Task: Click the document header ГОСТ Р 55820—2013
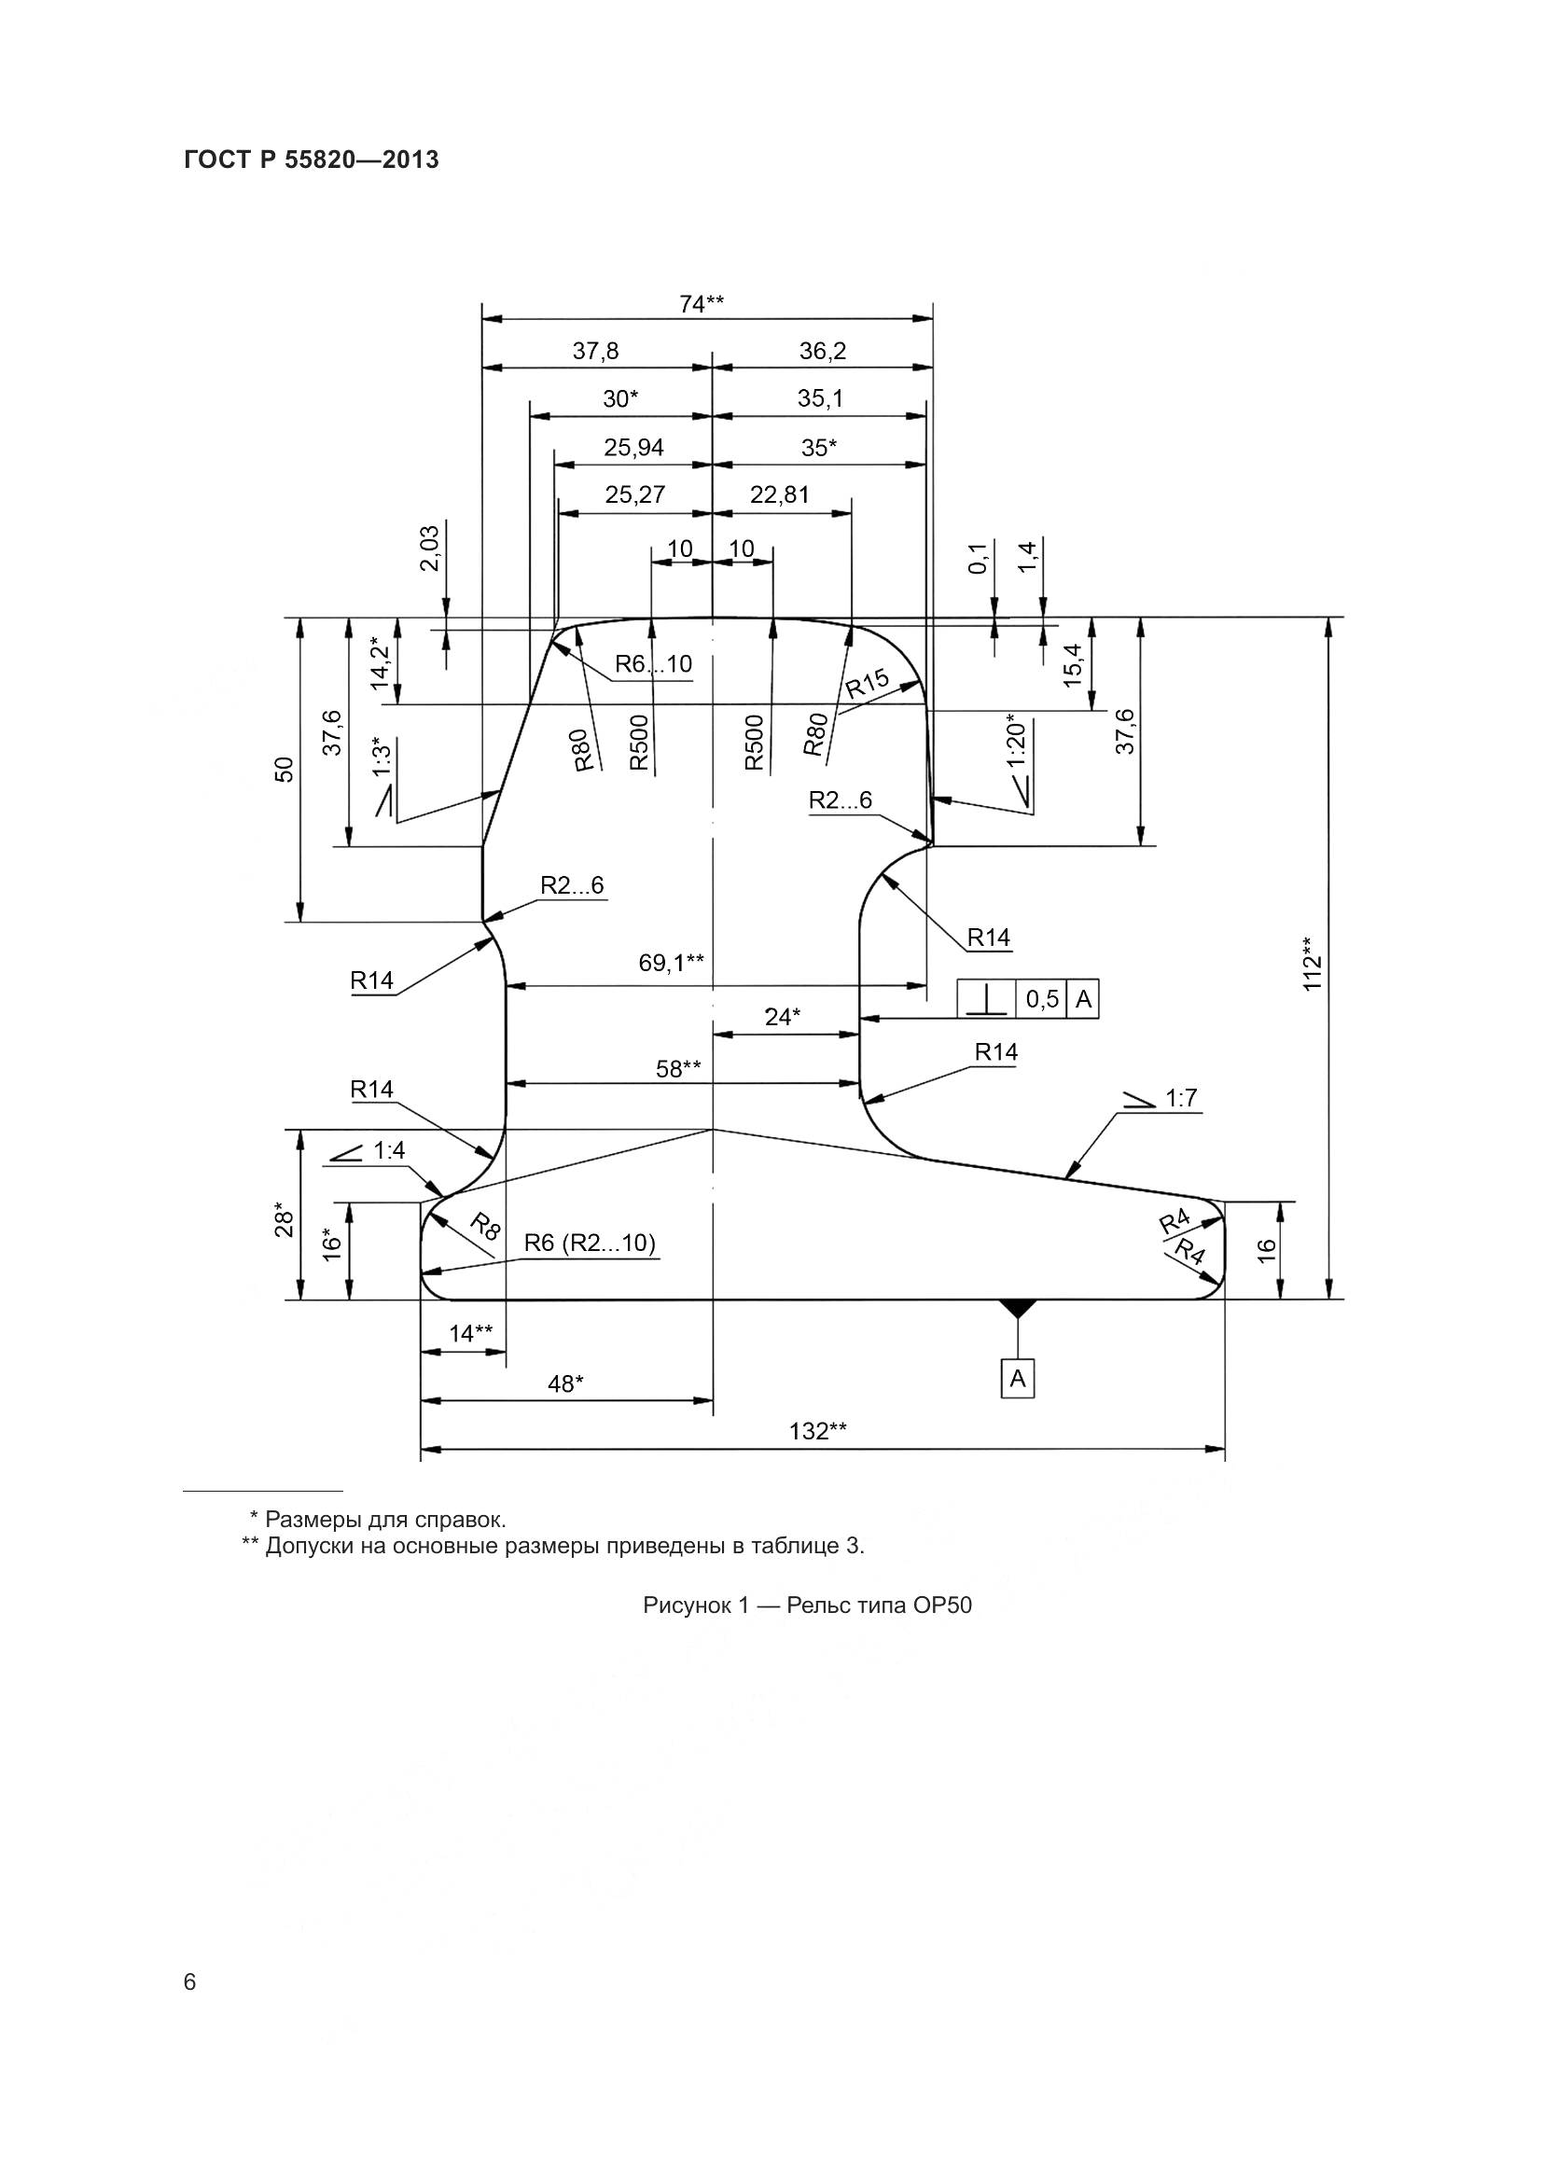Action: tap(311, 160)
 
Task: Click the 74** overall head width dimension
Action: tap(702, 304)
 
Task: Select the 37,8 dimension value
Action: tap(595, 352)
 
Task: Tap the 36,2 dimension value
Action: tap(822, 352)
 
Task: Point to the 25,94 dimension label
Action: tap(633, 448)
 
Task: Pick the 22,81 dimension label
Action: tap(779, 495)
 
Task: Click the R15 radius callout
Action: tap(867, 683)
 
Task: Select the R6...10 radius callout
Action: tap(654, 664)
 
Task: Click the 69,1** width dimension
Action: tap(671, 964)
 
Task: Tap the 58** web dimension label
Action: tap(678, 1069)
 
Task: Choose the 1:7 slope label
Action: tap(1181, 1099)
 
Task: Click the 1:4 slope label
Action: tap(389, 1151)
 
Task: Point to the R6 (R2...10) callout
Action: tap(589, 1243)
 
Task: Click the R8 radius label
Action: tap(484, 1227)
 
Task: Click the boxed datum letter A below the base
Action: tap(1018, 1378)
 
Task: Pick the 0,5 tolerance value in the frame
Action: tap(1042, 999)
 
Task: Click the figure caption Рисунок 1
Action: tap(807, 1606)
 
